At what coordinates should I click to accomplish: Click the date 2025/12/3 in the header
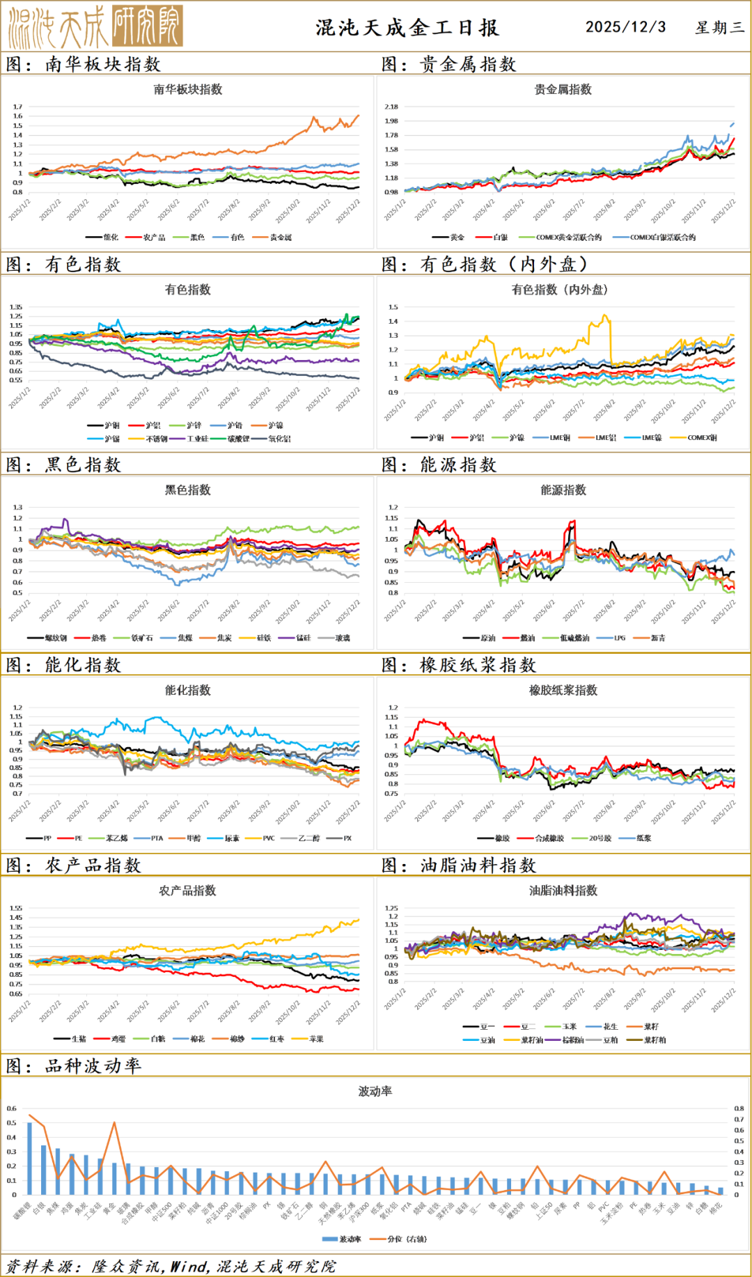pos(625,27)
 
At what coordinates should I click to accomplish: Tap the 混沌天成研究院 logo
pos(96,26)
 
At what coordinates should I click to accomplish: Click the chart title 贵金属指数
pos(563,89)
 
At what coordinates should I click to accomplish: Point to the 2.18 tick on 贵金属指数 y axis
pos(391,107)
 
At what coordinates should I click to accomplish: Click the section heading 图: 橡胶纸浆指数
pos(460,665)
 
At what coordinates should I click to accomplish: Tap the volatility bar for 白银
pos(43,1170)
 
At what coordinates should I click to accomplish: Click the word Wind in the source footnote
pos(189,1267)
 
